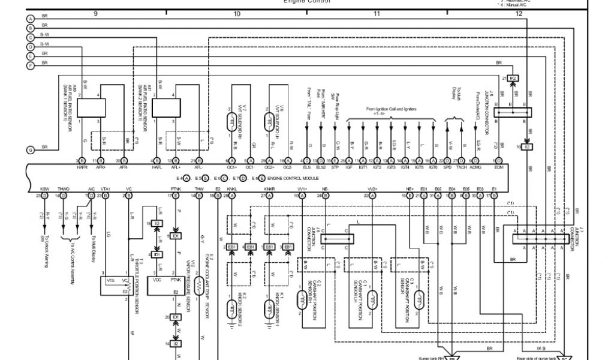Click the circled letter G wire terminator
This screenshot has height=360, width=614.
click(30, 149)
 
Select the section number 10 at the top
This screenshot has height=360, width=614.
click(237, 13)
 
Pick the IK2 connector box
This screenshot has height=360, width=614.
click(513, 79)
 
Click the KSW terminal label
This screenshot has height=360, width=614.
click(44, 188)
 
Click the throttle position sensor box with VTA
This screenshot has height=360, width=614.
click(118, 284)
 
